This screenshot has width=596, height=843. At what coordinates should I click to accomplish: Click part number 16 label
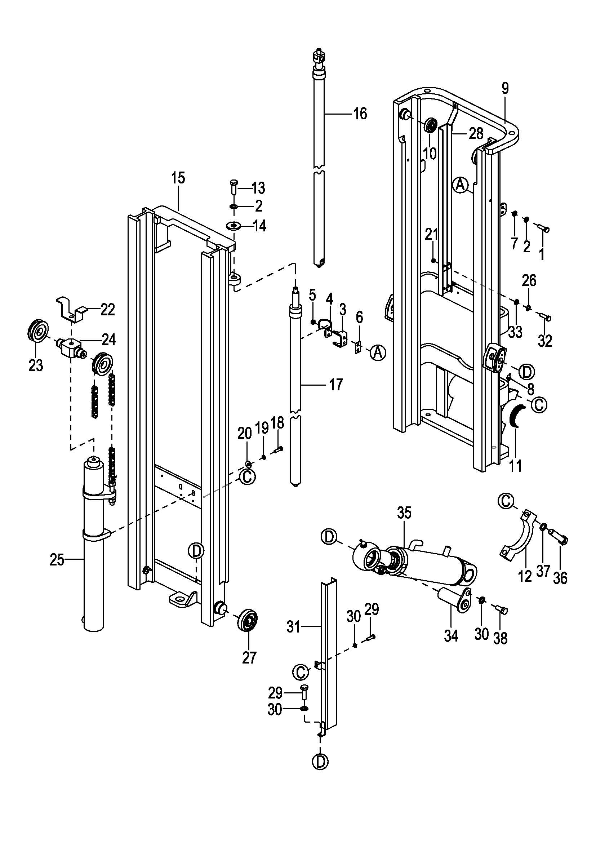pyautogui.click(x=360, y=114)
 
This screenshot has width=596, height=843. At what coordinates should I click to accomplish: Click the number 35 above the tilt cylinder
pyautogui.click(x=404, y=513)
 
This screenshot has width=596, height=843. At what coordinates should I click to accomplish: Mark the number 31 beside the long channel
pyautogui.click(x=294, y=627)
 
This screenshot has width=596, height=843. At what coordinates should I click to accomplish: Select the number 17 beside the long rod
pyautogui.click(x=336, y=385)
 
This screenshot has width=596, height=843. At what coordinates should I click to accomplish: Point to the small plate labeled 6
pyautogui.click(x=357, y=347)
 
